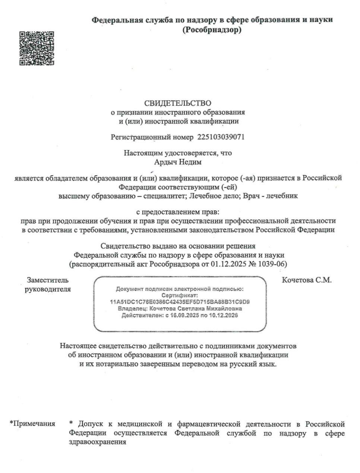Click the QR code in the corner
tap(37, 48)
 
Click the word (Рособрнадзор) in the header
tap(212, 30)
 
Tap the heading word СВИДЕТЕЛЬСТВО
tap(177, 103)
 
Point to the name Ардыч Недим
tap(178, 162)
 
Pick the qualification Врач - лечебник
tap(270, 196)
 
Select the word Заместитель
tap(48, 280)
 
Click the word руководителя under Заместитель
tap(48, 289)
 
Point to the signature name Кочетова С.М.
tap(306, 280)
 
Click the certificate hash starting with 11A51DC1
tap(180, 302)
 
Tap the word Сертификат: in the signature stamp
tap(180, 295)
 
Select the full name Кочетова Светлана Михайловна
tap(195, 309)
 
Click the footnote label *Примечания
tap(32, 423)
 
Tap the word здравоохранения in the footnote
tap(97, 442)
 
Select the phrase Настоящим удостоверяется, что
tap(178, 153)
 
